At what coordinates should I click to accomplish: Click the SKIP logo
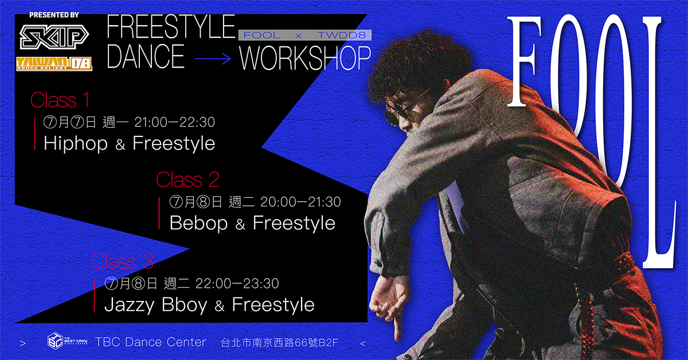point(54,37)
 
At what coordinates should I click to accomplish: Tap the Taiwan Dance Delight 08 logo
point(54,64)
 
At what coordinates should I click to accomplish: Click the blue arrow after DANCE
point(213,58)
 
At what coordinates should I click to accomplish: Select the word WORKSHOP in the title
point(305,58)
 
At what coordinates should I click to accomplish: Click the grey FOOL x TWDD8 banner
point(305,35)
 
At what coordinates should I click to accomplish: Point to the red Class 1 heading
point(60,100)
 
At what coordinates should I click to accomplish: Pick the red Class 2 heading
point(187,179)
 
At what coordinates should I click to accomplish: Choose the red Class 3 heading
point(122,261)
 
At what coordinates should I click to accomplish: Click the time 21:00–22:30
point(174,122)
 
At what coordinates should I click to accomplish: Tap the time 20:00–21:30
point(300,202)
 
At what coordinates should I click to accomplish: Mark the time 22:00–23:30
point(237,283)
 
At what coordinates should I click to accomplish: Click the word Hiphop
point(76,144)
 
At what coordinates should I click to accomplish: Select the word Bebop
point(198,224)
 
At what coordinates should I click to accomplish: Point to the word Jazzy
point(130,306)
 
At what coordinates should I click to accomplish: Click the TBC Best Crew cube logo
point(55,341)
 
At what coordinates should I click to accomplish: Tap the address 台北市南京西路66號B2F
point(280,342)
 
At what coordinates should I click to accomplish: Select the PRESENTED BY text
point(54,15)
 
